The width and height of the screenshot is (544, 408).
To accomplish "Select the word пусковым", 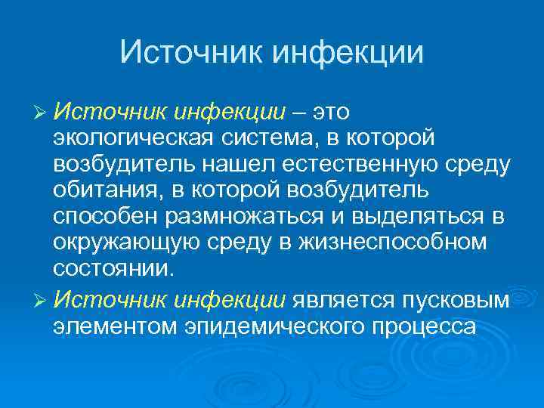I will coord(462,300).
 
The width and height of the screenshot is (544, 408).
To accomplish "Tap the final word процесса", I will coord(422,326).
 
